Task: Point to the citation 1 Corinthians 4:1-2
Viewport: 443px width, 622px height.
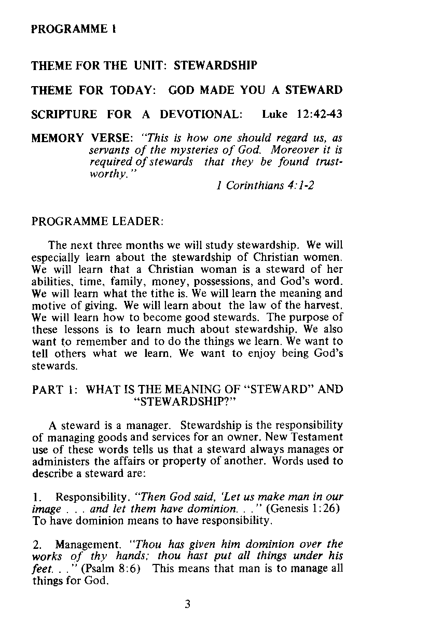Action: tap(264, 185)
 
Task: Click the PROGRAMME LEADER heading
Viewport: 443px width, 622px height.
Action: tap(98, 222)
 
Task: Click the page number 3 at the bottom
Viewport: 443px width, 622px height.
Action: tap(187, 603)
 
